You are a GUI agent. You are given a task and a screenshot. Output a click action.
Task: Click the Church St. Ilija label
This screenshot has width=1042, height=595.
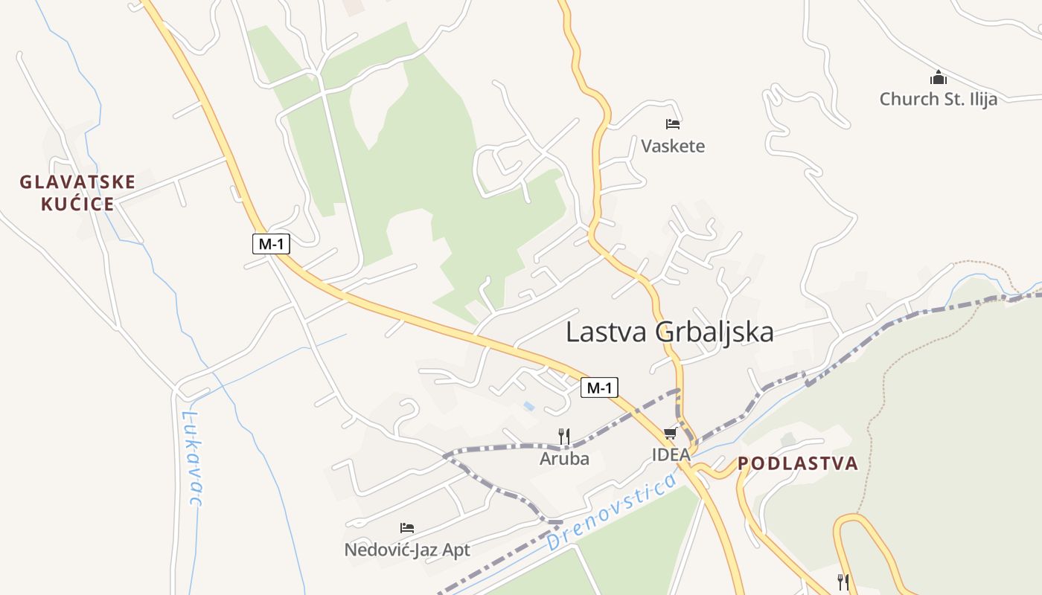pos(938,99)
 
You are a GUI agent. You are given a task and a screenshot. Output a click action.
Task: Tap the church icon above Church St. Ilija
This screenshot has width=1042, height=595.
pos(938,77)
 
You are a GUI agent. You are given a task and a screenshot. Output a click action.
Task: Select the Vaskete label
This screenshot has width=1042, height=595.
pos(673,146)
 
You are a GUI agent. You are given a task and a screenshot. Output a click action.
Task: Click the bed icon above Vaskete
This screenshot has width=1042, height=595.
pos(673,124)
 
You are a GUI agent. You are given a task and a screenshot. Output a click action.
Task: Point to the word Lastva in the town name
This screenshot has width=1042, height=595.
pos(607,332)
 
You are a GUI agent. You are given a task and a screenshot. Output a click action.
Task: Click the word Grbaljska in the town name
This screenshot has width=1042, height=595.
pos(715,332)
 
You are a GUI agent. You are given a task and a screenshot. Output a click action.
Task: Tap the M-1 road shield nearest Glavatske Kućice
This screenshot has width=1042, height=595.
pos(271,243)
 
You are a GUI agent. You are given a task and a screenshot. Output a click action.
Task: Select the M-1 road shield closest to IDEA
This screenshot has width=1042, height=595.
pos(599,387)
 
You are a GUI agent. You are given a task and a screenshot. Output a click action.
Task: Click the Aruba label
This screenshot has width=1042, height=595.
pos(564,459)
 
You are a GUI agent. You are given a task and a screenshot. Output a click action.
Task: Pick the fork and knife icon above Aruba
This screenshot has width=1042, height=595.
pos(564,437)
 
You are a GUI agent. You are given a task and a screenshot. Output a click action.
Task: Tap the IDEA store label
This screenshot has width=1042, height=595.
pos(671,454)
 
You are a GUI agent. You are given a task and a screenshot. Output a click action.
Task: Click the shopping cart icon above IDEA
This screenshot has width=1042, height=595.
pos(670,434)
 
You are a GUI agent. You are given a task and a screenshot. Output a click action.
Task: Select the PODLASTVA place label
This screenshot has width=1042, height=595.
pos(798,464)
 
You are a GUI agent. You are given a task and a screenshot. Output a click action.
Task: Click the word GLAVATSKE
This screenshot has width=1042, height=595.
pos(77,182)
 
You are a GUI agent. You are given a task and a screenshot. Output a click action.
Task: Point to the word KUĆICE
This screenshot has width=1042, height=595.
pos(77,205)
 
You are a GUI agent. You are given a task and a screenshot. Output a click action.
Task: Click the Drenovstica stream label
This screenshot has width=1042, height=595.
pos(611,514)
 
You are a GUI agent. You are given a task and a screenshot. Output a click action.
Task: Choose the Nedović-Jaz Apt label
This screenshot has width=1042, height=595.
pos(407,550)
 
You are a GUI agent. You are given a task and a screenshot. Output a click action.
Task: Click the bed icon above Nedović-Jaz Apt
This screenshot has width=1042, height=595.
pos(406,528)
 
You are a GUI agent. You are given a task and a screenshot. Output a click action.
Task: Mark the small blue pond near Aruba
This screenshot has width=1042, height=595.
pos(528,406)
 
